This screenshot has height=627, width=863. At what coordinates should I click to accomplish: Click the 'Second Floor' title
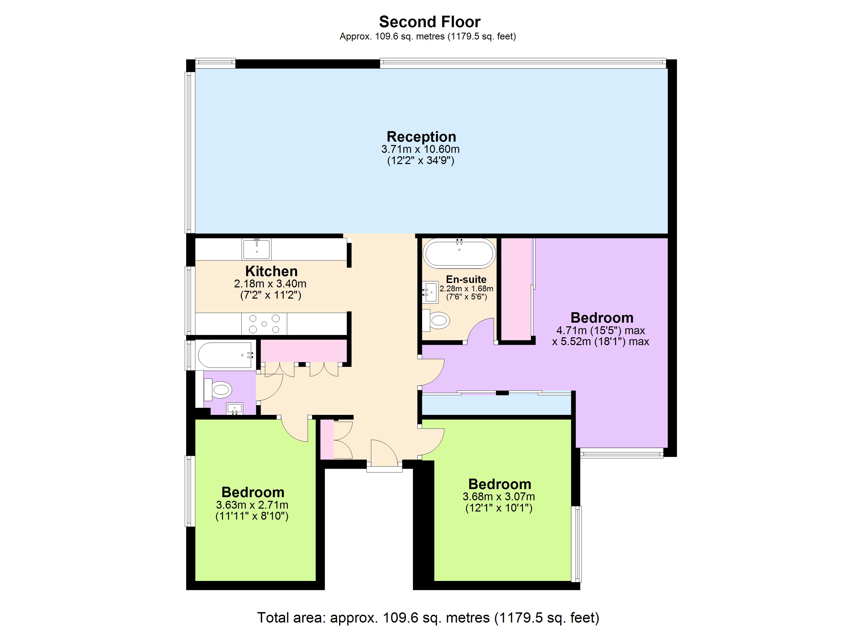click(x=430, y=22)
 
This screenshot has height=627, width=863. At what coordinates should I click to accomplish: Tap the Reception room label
click(x=421, y=136)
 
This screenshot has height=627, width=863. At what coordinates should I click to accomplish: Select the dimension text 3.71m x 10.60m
click(x=421, y=149)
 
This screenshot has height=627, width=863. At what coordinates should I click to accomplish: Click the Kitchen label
click(x=271, y=271)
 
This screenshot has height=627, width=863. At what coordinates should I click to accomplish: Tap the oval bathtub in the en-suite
click(x=459, y=253)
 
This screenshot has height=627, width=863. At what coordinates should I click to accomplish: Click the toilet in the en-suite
click(x=438, y=320)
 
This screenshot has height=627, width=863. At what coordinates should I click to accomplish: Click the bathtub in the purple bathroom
click(x=226, y=355)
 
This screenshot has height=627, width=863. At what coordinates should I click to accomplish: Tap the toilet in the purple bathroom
click(x=219, y=389)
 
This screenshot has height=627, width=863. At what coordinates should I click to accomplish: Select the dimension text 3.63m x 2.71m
click(x=252, y=505)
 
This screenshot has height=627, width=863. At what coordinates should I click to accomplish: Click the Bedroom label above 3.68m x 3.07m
click(x=499, y=484)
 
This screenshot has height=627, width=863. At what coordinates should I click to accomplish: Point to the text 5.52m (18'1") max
click(x=600, y=341)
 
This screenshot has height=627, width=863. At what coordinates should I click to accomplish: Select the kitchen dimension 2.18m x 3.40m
click(x=270, y=284)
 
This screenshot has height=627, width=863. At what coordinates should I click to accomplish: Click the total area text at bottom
click(x=428, y=618)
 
